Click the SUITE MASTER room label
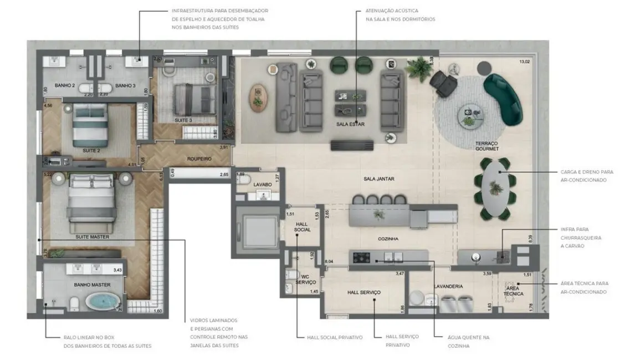coord(92,236)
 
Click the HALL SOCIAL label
coord(303,226)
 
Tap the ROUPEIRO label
coord(199,158)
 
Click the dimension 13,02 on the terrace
coord(524,61)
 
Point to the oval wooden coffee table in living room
coord(258,95)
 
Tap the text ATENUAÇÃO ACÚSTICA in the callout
coord(391,11)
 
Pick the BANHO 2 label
coord(65,85)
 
